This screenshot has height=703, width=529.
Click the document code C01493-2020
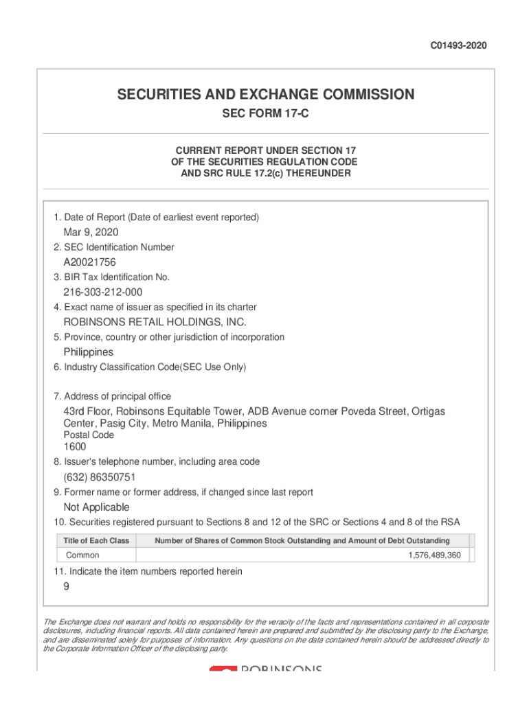[x=458, y=46]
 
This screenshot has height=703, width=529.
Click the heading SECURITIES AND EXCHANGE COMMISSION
[x=265, y=95]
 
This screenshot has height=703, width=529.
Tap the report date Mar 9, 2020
[x=91, y=232]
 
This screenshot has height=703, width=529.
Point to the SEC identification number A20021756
[x=90, y=262]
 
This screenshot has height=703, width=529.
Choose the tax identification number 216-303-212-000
[x=103, y=292]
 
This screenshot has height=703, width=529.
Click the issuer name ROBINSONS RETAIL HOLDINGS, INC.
[x=155, y=321]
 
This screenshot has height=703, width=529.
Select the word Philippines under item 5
[x=89, y=351]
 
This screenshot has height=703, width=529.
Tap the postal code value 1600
[x=75, y=447]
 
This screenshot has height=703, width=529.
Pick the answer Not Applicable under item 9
[x=96, y=507]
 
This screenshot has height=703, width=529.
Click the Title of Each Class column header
[x=96, y=541]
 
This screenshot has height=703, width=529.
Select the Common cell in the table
[x=82, y=555]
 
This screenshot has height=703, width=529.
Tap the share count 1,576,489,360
[x=435, y=555]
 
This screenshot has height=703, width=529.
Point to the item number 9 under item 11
[x=67, y=586]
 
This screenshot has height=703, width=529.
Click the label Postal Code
[x=89, y=435]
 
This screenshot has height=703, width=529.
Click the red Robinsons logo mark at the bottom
[x=223, y=668]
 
